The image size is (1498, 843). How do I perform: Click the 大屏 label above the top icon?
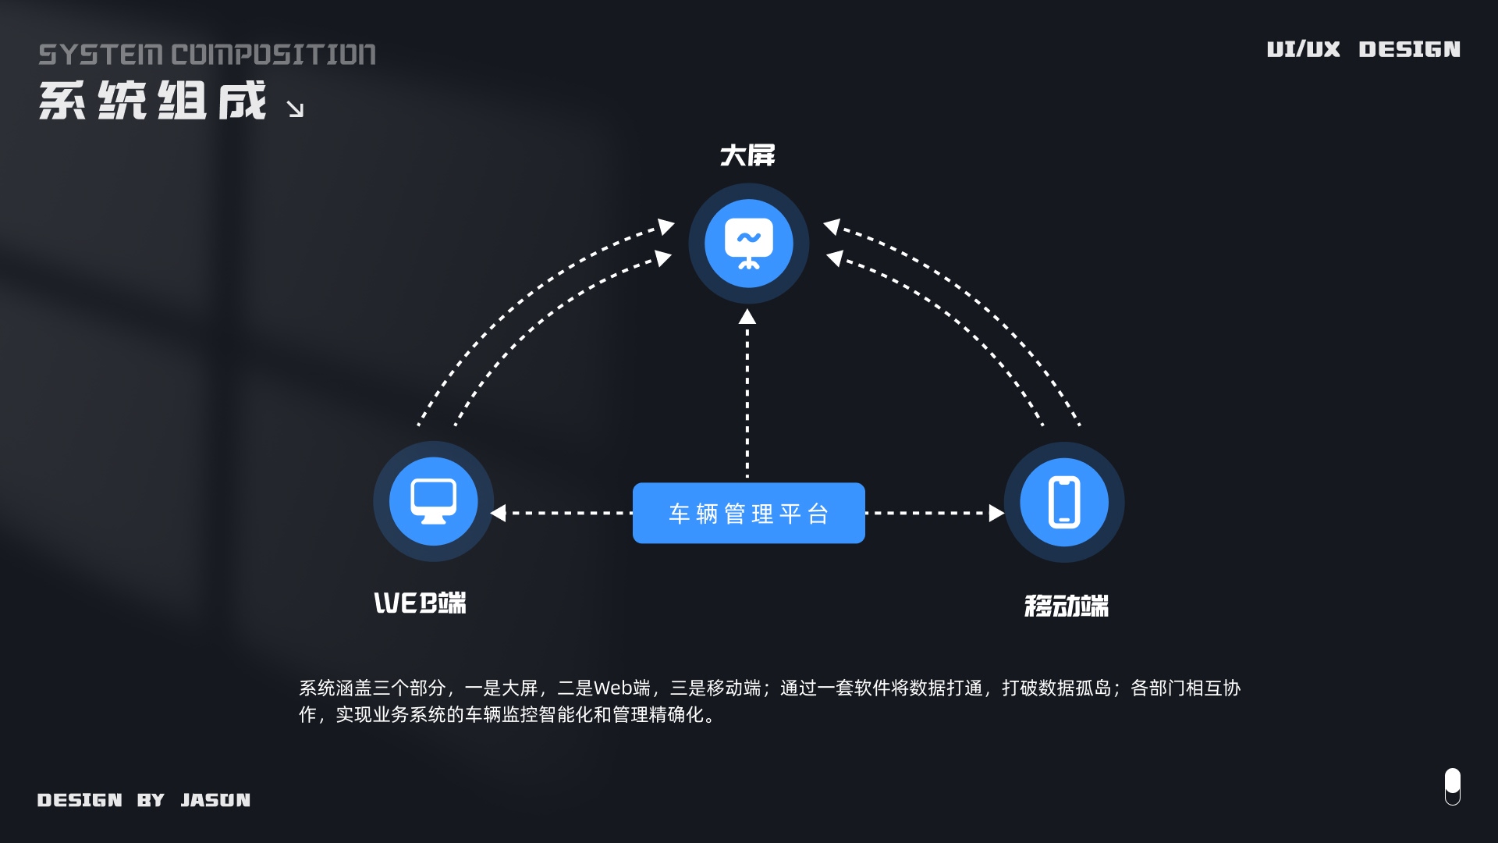click(747, 155)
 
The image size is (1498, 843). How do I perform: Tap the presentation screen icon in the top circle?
click(748, 243)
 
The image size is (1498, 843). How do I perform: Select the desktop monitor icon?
click(434, 501)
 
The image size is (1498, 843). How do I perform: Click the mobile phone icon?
click(1064, 502)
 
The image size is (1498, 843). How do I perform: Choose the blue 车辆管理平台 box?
click(748, 513)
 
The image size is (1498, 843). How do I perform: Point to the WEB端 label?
click(420, 603)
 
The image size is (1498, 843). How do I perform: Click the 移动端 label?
click(1066, 606)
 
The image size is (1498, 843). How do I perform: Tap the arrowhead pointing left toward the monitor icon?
click(499, 513)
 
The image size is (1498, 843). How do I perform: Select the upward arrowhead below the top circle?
click(747, 317)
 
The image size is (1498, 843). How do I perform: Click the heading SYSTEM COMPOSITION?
click(207, 55)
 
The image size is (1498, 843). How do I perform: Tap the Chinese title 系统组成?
click(153, 101)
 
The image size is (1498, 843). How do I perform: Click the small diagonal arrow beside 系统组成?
click(295, 109)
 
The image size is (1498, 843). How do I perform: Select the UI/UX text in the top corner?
click(1303, 49)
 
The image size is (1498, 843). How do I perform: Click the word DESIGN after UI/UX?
click(1409, 49)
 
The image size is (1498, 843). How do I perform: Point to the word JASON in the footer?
click(215, 800)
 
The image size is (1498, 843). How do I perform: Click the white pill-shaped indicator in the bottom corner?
click(1452, 786)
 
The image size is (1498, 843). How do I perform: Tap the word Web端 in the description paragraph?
click(622, 688)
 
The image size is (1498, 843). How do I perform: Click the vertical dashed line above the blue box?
click(747, 398)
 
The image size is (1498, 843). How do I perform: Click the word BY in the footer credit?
click(151, 800)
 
